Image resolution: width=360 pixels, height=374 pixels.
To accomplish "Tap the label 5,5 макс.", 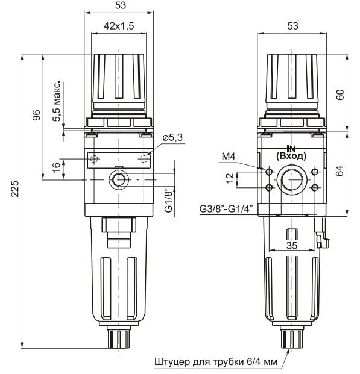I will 57,100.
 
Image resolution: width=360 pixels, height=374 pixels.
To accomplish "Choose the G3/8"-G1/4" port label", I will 226,210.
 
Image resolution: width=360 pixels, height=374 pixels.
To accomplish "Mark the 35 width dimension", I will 292,246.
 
